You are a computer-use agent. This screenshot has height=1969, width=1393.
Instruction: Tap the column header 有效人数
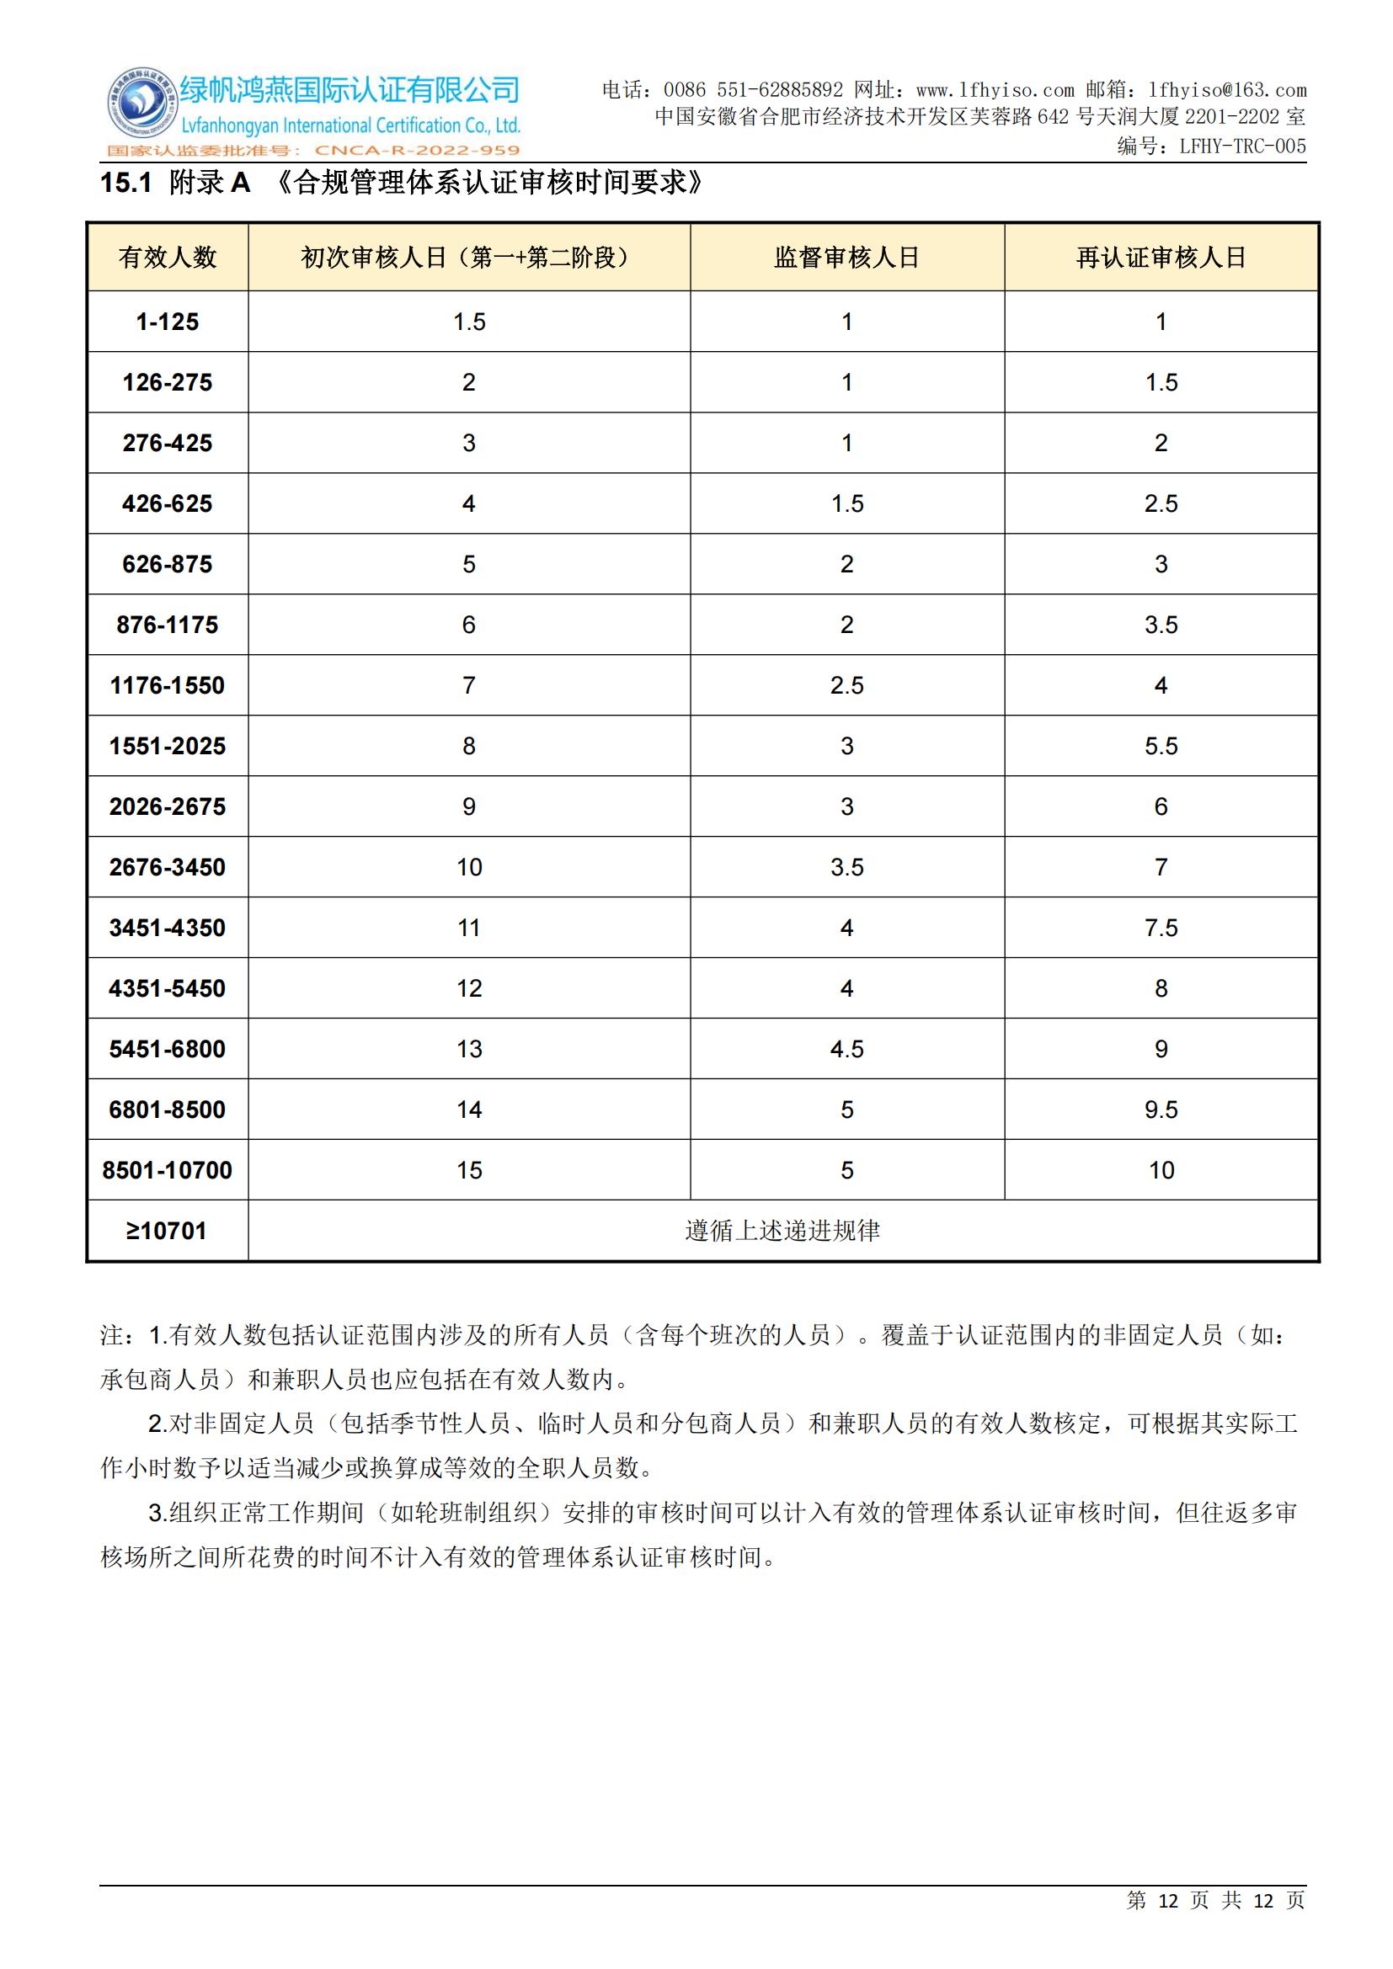pos(168,258)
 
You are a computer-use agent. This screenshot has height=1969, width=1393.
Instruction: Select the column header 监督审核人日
pos(846,258)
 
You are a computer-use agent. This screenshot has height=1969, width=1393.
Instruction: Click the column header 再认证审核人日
pos(1161,258)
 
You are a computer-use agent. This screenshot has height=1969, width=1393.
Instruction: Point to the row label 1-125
pos(168,322)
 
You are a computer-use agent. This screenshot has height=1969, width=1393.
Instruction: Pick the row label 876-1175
pos(168,625)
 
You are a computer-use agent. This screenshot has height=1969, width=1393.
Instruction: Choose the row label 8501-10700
pos(168,1170)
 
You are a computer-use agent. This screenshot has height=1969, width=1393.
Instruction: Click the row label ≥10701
pos(168,1231)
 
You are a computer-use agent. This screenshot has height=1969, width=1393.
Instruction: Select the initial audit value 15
pos(469,1170)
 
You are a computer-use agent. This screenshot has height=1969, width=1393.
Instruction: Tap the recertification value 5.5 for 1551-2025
pos(1161,746)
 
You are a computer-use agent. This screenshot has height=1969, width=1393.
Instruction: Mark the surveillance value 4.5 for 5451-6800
pos(846,1049)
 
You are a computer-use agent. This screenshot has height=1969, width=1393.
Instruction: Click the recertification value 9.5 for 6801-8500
pos(1161,1110)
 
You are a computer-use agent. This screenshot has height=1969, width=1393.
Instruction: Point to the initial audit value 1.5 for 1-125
pos(469,322)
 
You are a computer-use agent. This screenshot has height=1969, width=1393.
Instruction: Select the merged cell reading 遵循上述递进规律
pos(782,1231)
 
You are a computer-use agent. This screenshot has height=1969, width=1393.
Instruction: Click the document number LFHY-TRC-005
pos(1242,146)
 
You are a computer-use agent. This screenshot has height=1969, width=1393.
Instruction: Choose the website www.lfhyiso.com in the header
pos(995,90)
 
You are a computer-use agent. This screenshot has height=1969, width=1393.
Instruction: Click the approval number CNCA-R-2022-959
pos(418,151)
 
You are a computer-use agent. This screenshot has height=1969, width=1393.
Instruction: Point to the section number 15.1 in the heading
pos(126,183)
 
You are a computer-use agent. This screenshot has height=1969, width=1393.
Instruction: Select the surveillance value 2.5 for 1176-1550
pos(846,685)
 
